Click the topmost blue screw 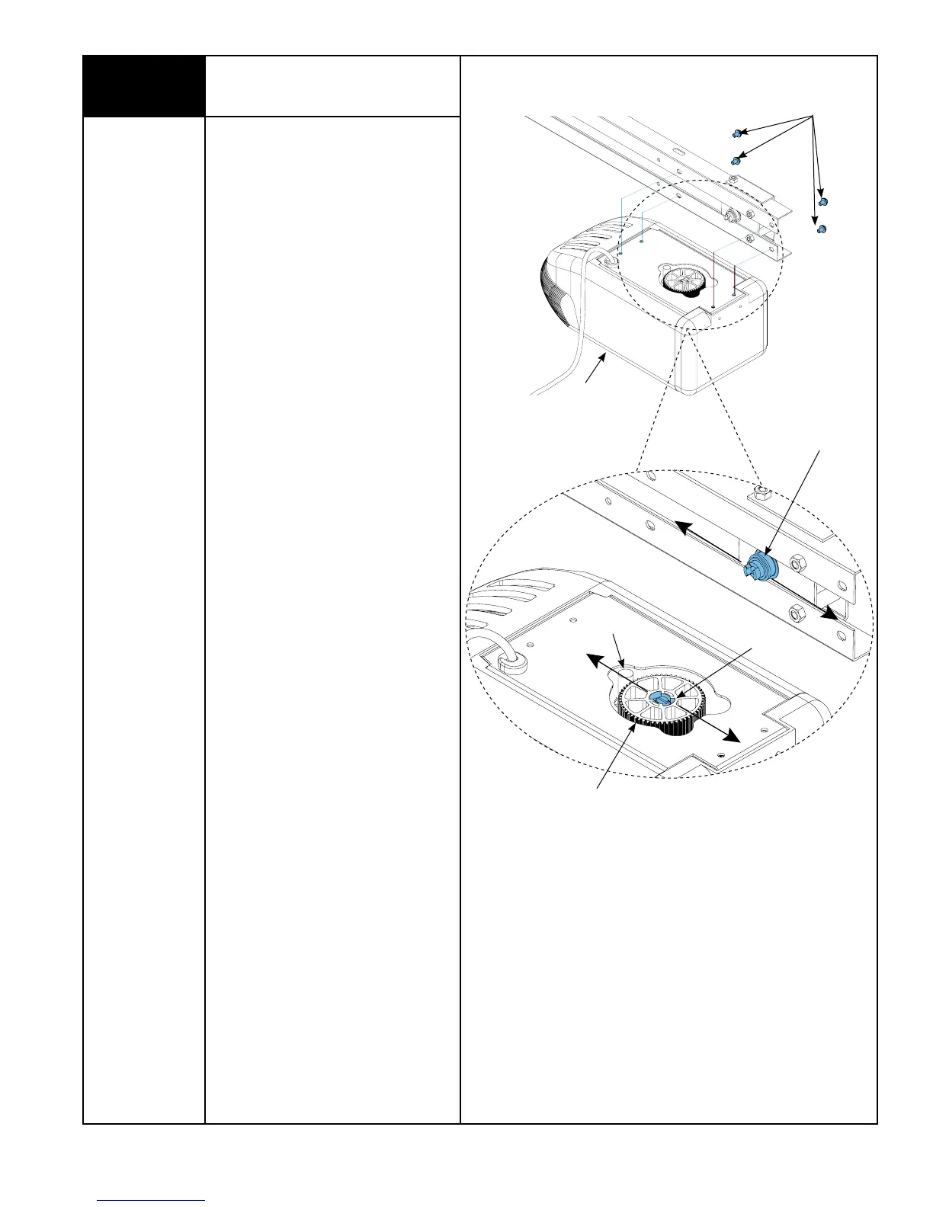[737, 133]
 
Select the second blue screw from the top [736, 161]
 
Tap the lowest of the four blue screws [821, 229]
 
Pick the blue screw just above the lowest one [822, 201]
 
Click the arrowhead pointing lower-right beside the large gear [732, 737]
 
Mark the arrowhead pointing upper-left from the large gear [592, 658]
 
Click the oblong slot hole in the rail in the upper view [677, 152]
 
